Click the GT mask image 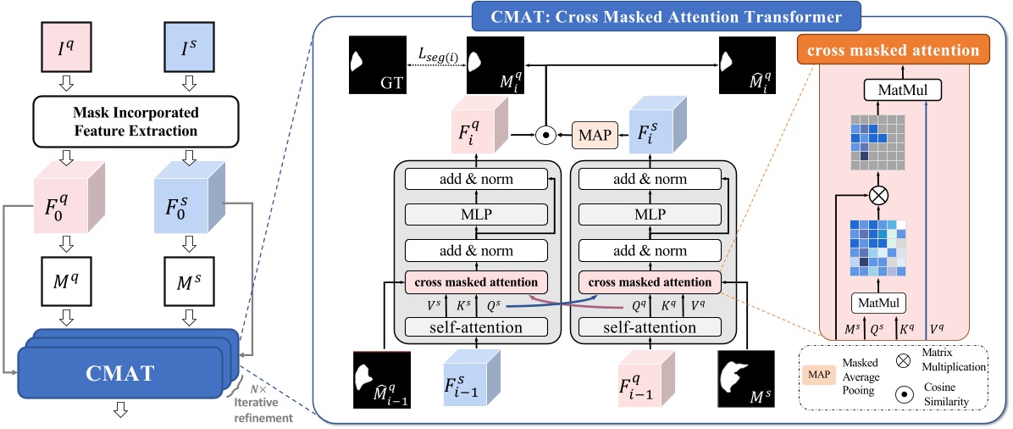[374, 65]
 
